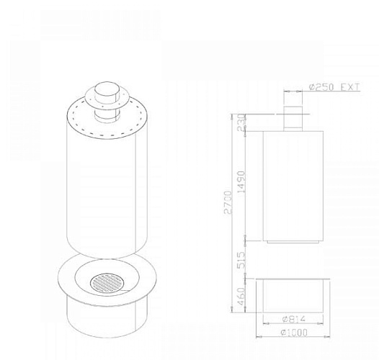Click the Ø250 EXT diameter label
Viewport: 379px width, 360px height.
(x=334, y=86)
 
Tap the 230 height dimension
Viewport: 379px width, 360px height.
(x=241, y=122)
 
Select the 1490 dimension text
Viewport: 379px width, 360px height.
(x=241, y=182)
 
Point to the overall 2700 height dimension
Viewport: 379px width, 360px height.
(x=228, y=202)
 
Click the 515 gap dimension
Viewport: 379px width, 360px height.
(x=241, y=260)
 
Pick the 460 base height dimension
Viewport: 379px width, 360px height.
(x=241, y=296)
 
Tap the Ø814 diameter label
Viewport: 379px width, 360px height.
(x=294, y=319)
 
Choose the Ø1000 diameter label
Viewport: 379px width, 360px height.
(x=294, y=333)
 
